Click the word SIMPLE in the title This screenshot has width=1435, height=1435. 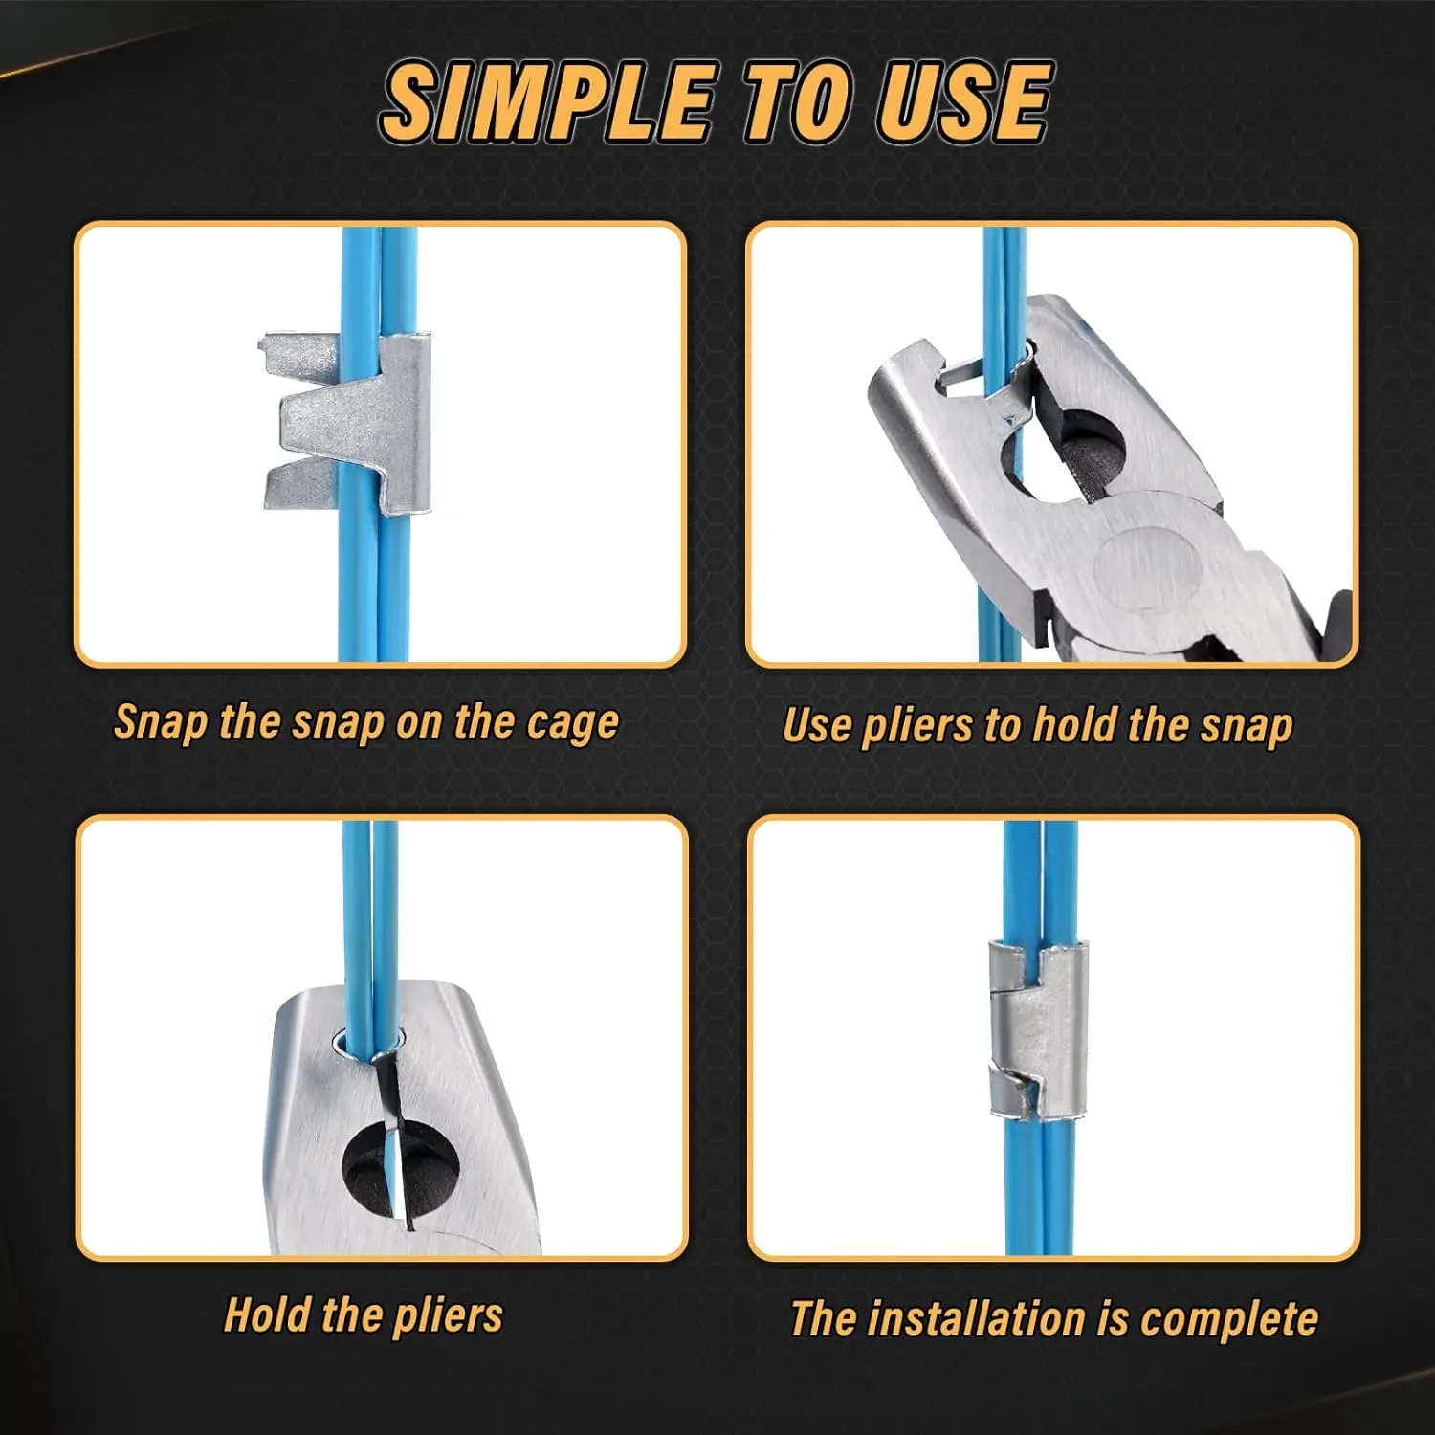(548, 101)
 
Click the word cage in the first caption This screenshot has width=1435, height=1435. (572, 724)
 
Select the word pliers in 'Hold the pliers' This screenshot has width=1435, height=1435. (448, 1318)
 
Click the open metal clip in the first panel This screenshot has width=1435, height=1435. (346, 422)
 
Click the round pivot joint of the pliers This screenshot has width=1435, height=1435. (1147, 566)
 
